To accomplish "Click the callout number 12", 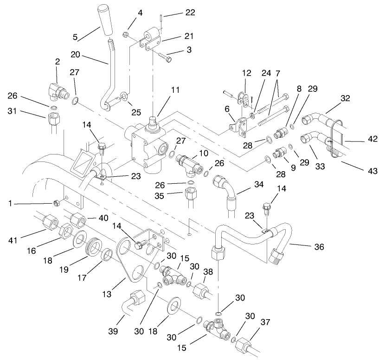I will click(246, 73).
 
